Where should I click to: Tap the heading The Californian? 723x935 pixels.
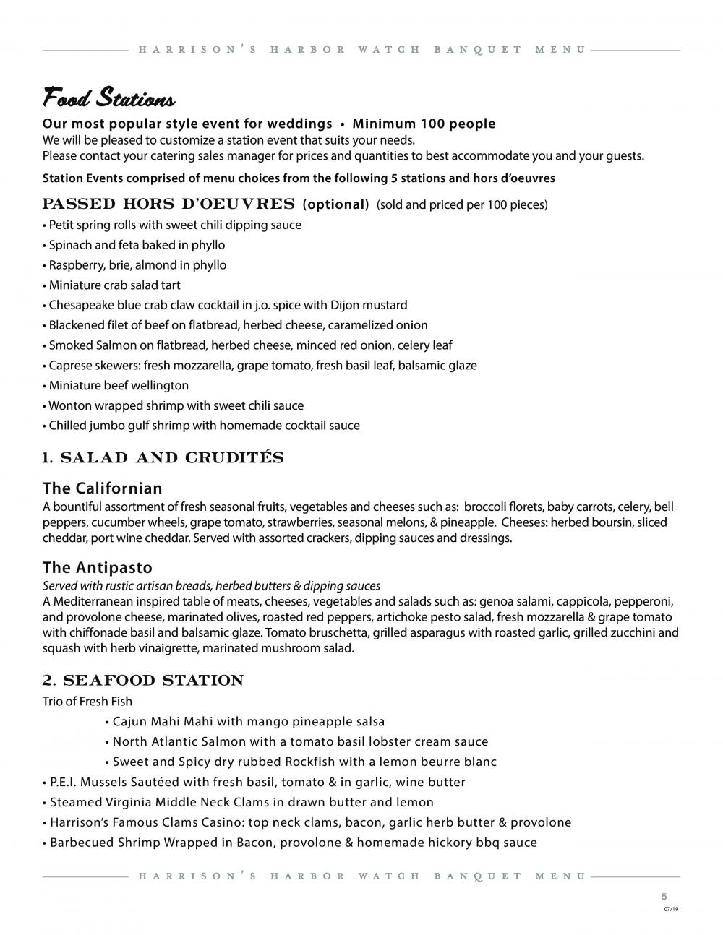coord(102,488)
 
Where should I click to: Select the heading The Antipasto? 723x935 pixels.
coord(97,567)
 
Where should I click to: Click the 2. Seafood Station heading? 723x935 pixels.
coord(142,681)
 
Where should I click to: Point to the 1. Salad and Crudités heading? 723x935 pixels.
coord(163,458)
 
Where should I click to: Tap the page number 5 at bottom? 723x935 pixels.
coord(664,895)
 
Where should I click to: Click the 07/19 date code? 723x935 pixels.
coord(671,909)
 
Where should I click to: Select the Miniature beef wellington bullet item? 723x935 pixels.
coord(119,385)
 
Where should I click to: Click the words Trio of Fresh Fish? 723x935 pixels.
coord(87,701)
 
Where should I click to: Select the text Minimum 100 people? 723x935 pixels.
coord(424,124)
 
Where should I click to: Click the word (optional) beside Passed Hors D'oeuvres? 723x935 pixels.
coord(335,204)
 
